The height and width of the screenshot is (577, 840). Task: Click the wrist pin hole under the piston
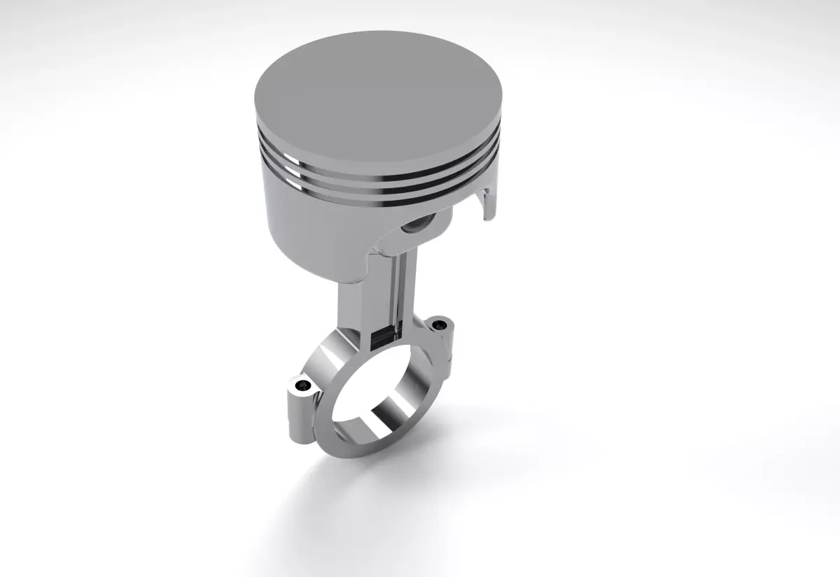click(x=419, y=226)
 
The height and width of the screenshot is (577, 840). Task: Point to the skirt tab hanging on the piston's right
click(x=488, y=203)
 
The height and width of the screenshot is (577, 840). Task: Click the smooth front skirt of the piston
click(x=308, y=231)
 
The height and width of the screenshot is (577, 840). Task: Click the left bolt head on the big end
click(x=302, y=385)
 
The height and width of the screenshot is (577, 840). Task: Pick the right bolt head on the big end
click(x=439, y=325)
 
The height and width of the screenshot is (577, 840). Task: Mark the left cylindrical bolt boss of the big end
click(x=297, y=413)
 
